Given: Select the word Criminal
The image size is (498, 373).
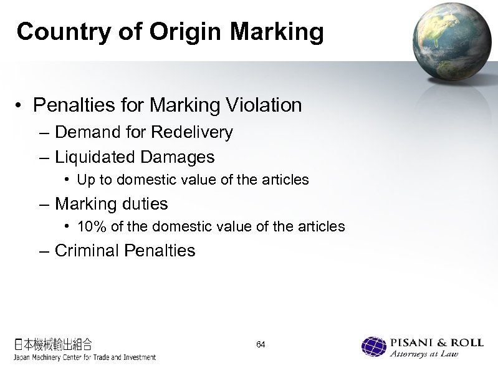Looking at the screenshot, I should coord(88,251).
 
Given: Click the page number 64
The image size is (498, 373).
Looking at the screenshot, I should coord(261,345).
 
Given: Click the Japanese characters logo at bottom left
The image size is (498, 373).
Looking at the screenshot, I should coord(53,344).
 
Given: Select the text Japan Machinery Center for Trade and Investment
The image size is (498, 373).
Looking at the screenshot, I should coord(84,357).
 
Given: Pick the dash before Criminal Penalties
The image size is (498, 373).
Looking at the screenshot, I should coord(47,251).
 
